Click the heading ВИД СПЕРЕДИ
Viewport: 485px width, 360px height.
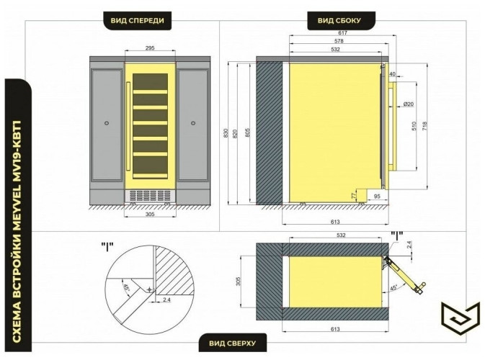tap(138, 21)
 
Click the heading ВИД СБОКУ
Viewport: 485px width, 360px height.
tap(339, 21)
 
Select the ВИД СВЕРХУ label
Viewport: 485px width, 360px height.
tap(232, 343)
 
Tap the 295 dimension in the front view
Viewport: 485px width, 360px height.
tap(150, 48)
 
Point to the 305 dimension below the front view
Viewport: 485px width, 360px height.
tap(150, 214)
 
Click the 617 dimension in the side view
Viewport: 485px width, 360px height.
tap(343, 32)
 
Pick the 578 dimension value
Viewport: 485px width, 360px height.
tap(339, 41)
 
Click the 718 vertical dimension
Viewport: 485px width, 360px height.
tap(424, 125)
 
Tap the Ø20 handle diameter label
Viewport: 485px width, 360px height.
tap(409, 104)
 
